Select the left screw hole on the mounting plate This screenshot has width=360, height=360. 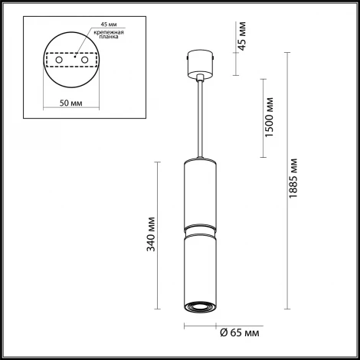[x=55, y=60]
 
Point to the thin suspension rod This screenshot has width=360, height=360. [x=201, y=115]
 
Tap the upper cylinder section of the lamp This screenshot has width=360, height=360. [x=201, y=191]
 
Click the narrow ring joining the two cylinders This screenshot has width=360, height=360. [x=201, y=229]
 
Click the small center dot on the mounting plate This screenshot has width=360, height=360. [x=74, y=56]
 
